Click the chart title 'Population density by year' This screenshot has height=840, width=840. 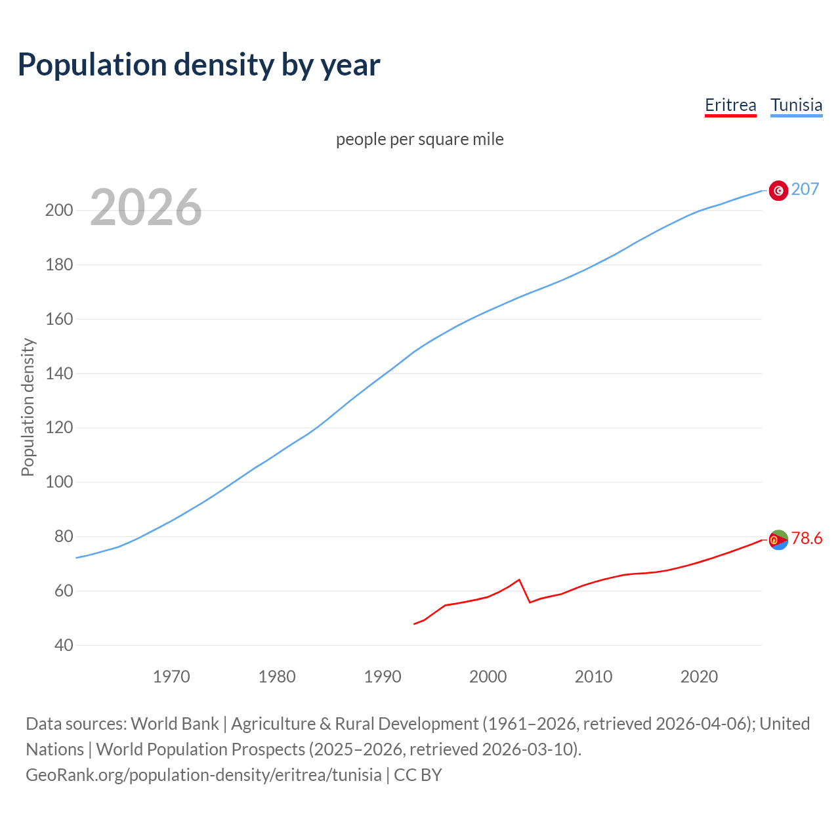pos(199,65)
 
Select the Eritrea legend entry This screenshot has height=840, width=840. pos(730,105)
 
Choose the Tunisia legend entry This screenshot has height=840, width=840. pos(796,105)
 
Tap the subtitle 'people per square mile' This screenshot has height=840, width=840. pos(419,139)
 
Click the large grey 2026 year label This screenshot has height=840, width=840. pos(146,207)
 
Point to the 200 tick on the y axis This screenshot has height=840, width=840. pos(58,211)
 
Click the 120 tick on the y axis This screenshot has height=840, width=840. pos(58,428)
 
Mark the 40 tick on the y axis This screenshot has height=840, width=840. pos(64,645)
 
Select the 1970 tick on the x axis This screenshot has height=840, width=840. pos(171,677)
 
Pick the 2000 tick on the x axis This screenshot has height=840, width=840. pos(488,677)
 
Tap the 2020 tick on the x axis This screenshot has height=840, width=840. pos(699,677)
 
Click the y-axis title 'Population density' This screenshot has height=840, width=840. pos(28,407)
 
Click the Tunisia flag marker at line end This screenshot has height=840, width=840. pos(778,190)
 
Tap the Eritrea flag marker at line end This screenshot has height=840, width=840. pos(778,539)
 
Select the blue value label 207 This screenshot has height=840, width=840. pos(805,190)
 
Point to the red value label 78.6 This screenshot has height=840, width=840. pos(807,539)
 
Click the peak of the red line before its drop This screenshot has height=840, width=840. pos(519,579)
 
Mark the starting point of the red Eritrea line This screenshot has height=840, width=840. pos(414,624)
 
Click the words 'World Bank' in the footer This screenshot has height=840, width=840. pos(175,724)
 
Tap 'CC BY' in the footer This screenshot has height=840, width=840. pos(418,775)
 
